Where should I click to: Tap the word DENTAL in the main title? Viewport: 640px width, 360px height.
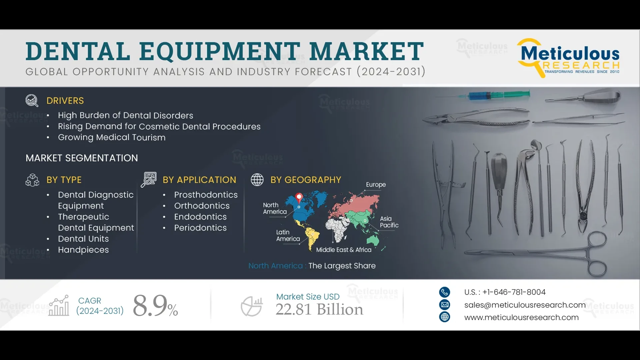(x=78, y=52)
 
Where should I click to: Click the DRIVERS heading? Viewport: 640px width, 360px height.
(x=65, y=101)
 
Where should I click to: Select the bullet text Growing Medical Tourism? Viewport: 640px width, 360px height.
(x=112, y=137)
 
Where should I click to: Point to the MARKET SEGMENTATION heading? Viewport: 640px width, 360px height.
(x=82, y=158)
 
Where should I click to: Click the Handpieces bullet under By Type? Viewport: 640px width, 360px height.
(x=83, y=250)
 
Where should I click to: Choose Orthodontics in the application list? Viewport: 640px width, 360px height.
(x=202, y=206)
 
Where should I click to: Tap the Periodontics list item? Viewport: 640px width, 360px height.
(x=200, y=228)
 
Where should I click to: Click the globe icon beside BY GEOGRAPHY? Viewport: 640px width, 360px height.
(x=257, y=180)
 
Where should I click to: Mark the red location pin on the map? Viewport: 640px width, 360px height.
(x=299, y=197)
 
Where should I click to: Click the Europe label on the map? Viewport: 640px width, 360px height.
(x=376, y=185)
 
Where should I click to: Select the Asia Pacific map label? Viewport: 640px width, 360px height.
(x=389, y=222)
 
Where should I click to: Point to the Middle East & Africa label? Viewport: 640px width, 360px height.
(x=344, y=250)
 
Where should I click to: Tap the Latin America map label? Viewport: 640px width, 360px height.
(x=288, y=236)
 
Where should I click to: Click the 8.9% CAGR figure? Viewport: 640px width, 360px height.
(x=155, y=306)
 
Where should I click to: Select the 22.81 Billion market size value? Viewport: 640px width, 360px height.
(x=319, y=310)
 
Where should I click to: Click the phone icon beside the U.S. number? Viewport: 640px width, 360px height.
(x=444, y=292)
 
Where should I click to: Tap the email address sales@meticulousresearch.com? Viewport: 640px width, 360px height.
(x=525, y=305)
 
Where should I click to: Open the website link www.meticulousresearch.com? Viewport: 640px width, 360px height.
(x=521, y=317)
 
